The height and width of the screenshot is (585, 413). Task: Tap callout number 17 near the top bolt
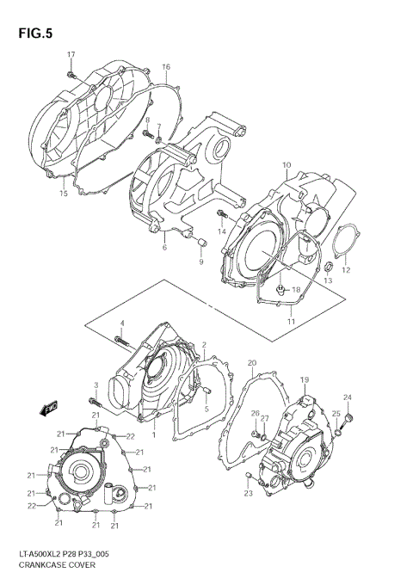(71, 55)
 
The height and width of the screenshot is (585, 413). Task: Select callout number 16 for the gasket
(166, 67)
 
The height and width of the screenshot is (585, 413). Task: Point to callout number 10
(287, 165)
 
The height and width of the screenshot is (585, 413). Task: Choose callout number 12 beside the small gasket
(347, 270)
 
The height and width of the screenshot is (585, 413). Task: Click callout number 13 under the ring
(327, 281)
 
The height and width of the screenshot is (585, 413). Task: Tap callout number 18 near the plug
(295, 290)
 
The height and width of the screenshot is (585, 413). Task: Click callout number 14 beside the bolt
(221, 232)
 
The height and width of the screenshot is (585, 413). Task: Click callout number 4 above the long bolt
(122, 323)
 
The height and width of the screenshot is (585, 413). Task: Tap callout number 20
(251, 365)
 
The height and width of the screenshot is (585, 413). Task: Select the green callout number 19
(304, 380)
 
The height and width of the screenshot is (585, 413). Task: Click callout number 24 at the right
(348, 397)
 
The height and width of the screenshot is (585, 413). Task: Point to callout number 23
(248, 494)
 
